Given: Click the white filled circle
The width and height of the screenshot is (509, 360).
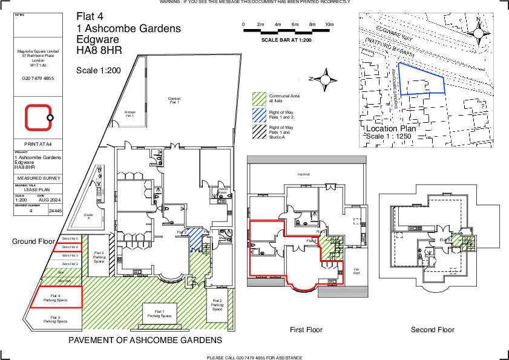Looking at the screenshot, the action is pos(325,80).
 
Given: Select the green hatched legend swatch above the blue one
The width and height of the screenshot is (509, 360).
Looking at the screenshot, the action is pos(260,98).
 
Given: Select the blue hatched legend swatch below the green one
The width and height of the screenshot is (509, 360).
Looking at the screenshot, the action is pos(260,116).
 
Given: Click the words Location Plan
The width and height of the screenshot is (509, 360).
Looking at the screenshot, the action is pos(391,128).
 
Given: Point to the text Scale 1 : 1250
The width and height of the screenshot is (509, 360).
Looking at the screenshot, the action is pos(389,137).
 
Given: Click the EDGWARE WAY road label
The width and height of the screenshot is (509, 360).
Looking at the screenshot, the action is pos(393,34).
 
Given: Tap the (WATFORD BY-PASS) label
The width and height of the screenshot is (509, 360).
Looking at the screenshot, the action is pos(389,47).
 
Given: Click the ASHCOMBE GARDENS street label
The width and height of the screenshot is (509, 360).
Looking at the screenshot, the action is pos(394,88).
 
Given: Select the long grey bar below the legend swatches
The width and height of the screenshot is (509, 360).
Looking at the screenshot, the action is pos(306,160).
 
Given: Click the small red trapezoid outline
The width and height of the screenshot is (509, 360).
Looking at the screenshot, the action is pos(67,247).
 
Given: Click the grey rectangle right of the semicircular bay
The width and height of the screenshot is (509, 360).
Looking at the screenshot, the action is pos(343,292).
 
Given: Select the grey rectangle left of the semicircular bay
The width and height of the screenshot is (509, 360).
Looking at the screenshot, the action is pos(266,282).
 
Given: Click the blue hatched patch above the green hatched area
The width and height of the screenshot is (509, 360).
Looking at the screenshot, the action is pos(195,239).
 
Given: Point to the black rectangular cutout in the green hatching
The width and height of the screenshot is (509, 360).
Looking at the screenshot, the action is pos(160,314).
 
